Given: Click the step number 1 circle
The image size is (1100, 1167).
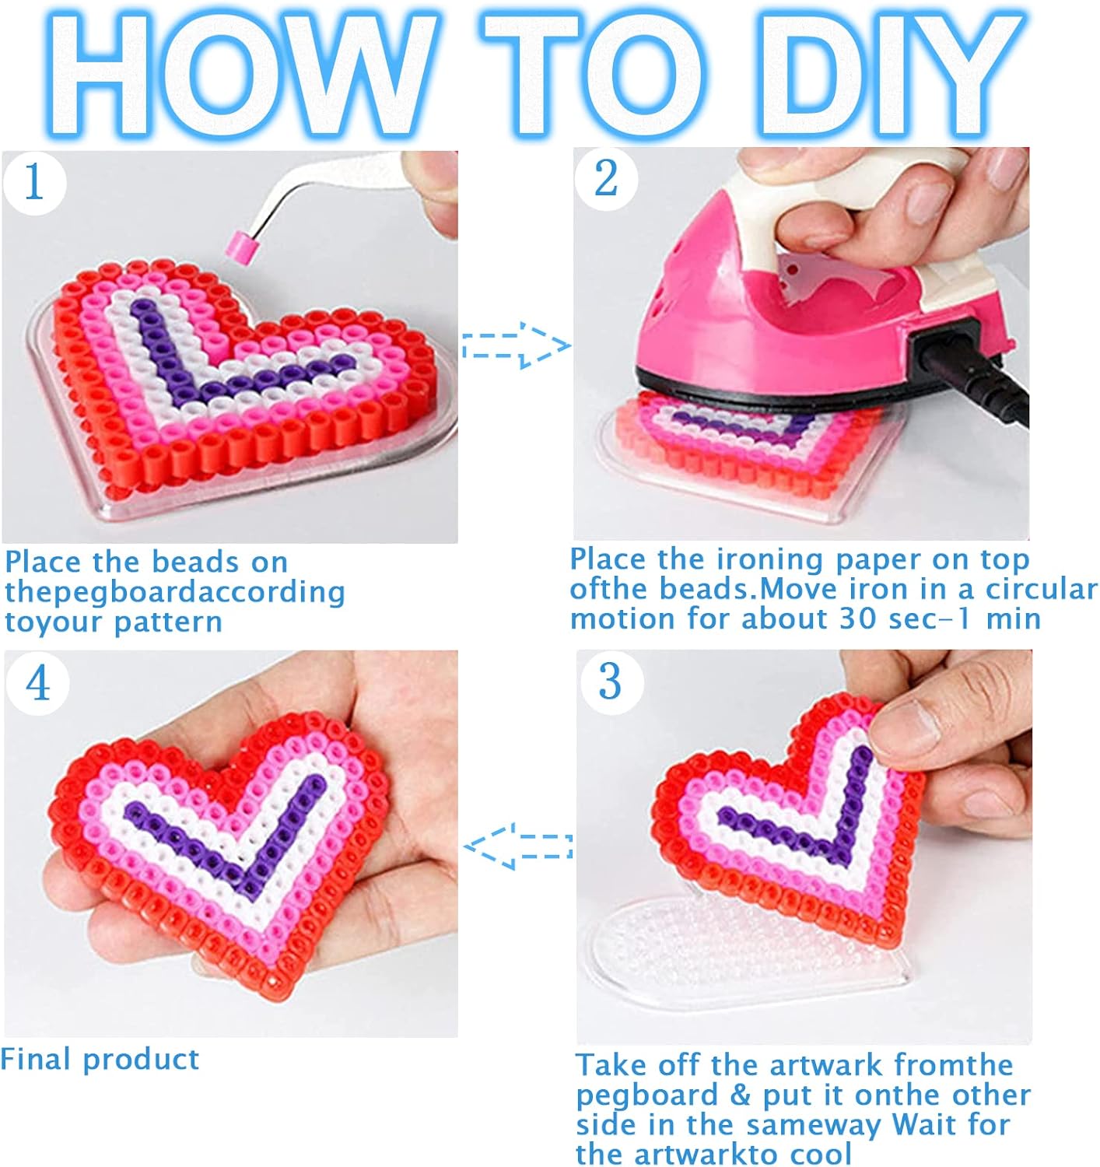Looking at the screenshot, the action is click(x=35, y=183).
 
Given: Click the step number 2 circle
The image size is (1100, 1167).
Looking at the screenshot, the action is click(x=606, y=179).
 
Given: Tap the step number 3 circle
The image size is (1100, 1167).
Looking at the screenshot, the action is click(x=611, y=682).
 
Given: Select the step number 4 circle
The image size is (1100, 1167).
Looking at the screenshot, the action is click(x=37, y=683).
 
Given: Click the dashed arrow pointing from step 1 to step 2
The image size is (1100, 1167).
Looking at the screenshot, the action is click(x=516, y=345).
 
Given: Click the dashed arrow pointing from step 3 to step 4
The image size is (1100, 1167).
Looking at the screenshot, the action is click(x=518, y=846).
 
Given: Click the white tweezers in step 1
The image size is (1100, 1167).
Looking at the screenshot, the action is click(x=329, y=188).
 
